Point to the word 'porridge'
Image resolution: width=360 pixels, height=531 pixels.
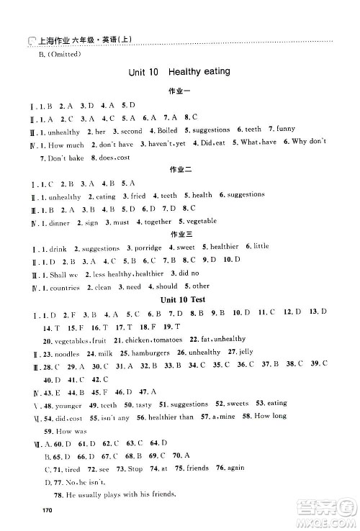150,248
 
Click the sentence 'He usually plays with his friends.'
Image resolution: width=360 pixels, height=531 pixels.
120,496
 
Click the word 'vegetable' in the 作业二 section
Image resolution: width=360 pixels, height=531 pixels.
202,222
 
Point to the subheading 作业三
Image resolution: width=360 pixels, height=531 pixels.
177,235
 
